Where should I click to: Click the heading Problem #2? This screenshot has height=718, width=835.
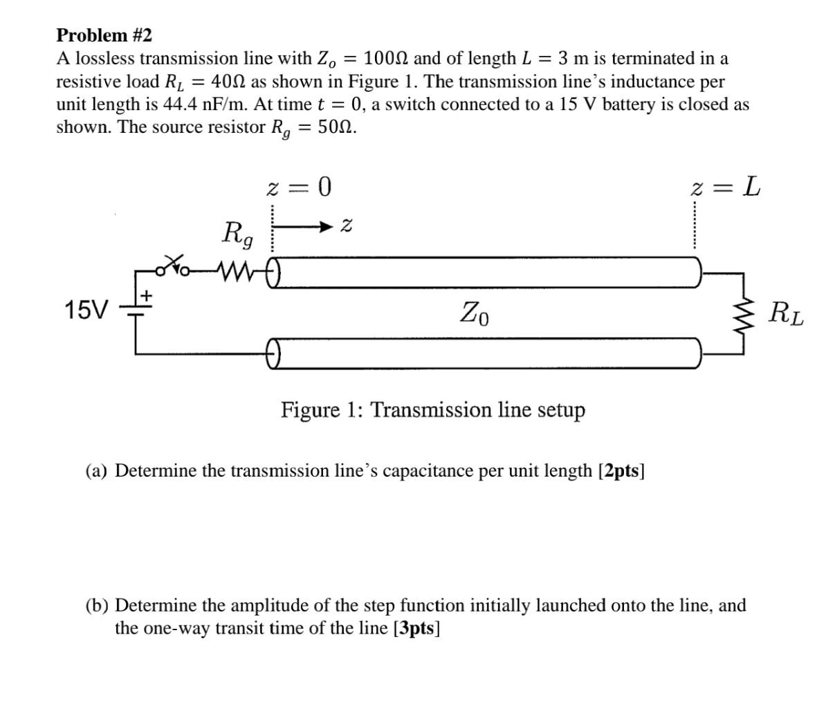104,35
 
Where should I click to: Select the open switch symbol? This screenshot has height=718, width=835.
173,264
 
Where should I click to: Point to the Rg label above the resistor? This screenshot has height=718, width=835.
237,233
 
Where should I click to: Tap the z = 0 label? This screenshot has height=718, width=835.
299,187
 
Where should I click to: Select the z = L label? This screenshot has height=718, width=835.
726,187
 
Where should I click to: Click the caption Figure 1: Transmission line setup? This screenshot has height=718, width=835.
432,410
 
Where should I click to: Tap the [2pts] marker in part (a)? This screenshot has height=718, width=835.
621,471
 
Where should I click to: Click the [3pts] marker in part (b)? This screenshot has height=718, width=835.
416,628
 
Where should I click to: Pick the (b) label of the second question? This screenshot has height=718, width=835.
97,606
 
